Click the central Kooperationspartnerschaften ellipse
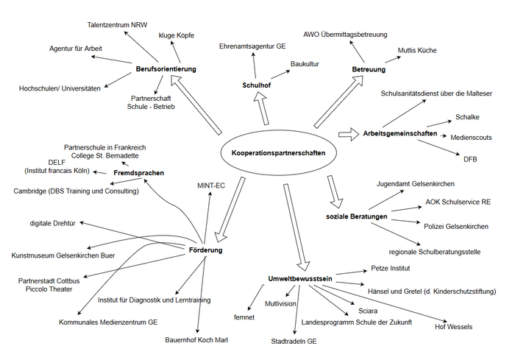[274, 153]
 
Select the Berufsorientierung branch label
[166, 69]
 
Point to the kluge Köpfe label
[177, 35]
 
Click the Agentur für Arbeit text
[76, 49]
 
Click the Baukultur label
[305, 65]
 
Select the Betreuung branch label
[369, 69]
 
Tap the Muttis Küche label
[417, 50]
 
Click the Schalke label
[468, 118]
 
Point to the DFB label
[470, 158]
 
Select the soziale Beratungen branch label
[357, 216]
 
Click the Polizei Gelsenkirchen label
[456, 225]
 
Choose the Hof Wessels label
[454, 326]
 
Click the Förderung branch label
[205, 250]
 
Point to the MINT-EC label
[211, 184]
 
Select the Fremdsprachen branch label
[139, 173]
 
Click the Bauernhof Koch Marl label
[196, 340]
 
